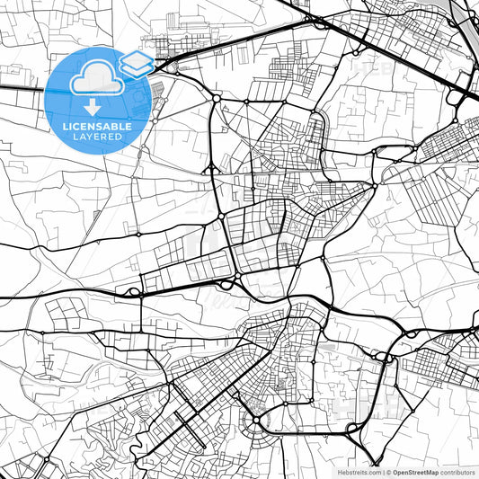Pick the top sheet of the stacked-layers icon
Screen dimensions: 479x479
[x=137, y=60]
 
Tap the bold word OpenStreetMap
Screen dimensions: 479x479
[x=416, y=472]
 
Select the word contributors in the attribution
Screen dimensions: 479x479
[x=457, y=472]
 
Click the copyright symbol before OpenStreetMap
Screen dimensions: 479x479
[x=388, y=472]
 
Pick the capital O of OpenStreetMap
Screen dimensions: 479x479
[x=395, y=472]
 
